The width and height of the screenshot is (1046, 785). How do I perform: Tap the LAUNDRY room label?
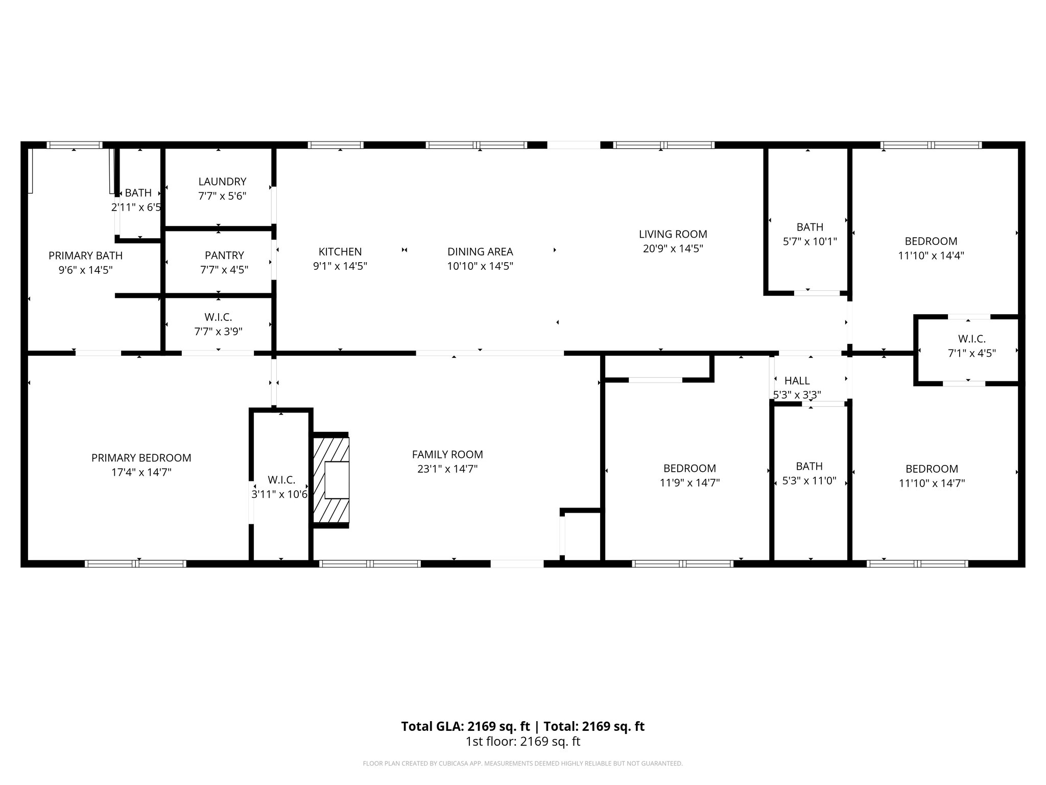[x=222, y=181]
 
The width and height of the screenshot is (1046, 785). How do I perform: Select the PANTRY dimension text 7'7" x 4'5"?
[x=224, y=269]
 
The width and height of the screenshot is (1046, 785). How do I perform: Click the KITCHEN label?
[x=340, y=251]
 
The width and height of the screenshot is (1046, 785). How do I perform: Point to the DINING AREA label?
[x=480, y=251]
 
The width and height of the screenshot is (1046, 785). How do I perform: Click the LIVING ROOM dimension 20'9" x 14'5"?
[x=673, y=248]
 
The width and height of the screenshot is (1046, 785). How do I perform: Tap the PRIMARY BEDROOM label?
[x=141, y=458]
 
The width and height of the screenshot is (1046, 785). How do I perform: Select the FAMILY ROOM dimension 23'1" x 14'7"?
[x=447, y=469]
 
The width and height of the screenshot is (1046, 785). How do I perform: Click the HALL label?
[x=797, y=381]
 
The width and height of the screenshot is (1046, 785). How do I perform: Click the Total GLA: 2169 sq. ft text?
[x=465, y=726]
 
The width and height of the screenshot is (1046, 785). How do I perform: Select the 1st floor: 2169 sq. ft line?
[x=523, y=742]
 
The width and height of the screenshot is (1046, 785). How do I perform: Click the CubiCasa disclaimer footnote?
[x=523, y=764]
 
